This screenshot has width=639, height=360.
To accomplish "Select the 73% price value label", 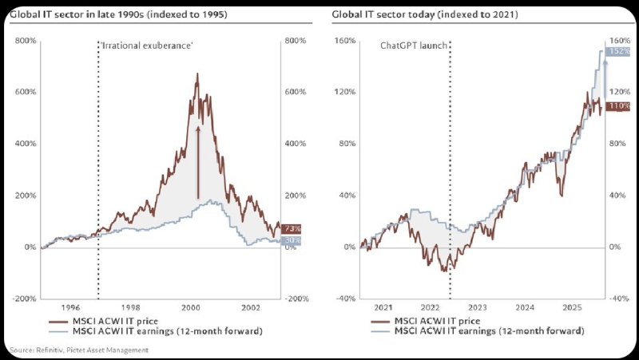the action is [291, 228].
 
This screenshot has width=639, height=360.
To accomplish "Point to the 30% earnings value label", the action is [291, 241].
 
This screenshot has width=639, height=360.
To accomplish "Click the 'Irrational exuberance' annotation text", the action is [147, 45].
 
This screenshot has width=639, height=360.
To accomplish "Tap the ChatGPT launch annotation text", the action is [414, 45].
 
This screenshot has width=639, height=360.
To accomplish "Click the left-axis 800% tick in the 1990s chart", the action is [26, 41].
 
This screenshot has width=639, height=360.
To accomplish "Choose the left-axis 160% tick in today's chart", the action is [344, 41].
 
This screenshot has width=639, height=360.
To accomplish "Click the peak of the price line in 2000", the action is [197, 73].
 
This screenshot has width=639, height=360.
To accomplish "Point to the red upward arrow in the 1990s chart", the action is [198, 162].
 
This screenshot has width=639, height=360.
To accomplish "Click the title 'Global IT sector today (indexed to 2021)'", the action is [425, 15].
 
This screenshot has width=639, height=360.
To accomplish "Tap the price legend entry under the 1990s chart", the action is [103, 322].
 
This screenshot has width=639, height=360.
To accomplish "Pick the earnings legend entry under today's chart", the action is [477, 331].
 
